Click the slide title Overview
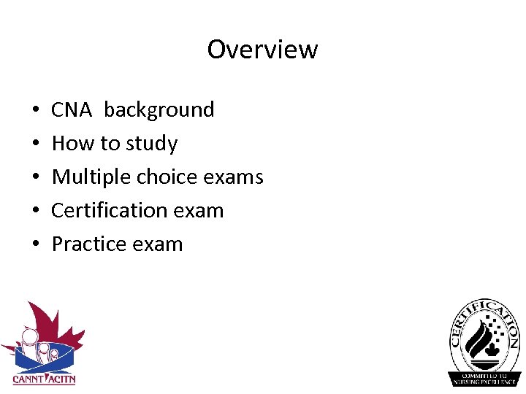click(x=262, y=50)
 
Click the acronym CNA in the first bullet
click(x=72, y=110)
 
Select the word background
click(x=159, y=110)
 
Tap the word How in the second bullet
click(x=73, y=144)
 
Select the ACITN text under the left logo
click(x=61, y=379)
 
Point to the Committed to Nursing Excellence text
click(x=484, y=378)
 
